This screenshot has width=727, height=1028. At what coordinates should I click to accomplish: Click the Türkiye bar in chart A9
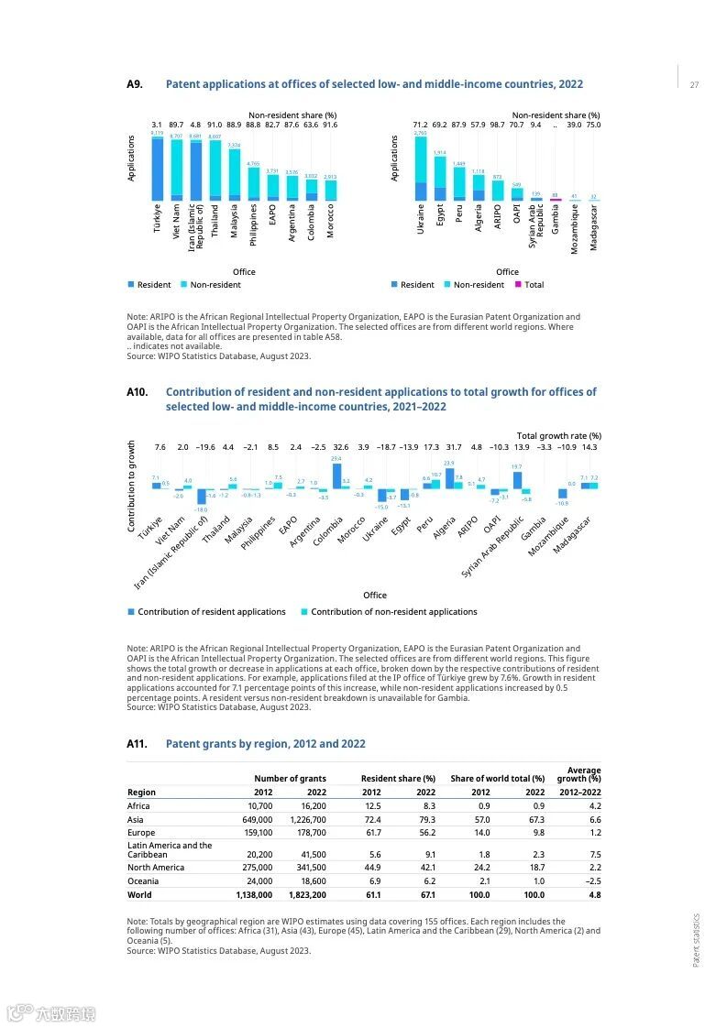pyautogui.click(x=157, y=170)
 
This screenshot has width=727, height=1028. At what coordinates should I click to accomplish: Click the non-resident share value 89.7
pyautogui.click(x=176, y=125)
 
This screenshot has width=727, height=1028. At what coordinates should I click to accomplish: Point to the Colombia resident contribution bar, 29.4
pyautogui.click(x=336, y=476)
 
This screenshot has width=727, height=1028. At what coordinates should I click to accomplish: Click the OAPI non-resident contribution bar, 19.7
pyautogui.click(x=517, y=479)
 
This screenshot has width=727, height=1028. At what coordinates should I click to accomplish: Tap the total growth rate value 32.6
pyautogui.click(x=341, y=447)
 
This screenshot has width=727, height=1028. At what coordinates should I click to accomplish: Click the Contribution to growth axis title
pyautogui.click(x=131, y=486)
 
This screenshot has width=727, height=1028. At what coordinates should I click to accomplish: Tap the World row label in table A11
pyautogui.click(x=139, y=894)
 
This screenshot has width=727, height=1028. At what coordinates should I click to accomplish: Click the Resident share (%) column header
pyautogui.click(x=398, y=779)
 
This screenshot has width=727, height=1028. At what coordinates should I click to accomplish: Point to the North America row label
pyautogui.click(x=156, y=867)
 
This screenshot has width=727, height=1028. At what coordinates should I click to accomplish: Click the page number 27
pyautogui.click(x=694, y=85)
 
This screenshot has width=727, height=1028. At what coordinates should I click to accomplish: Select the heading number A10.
pyautogui.click(x=138, y=392)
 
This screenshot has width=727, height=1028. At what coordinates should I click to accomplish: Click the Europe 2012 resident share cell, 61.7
pyautogui.click(x=372, y=833)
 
